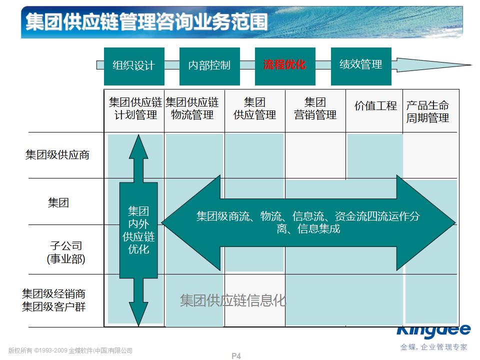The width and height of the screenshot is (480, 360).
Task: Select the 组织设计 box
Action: [x=133, y=65]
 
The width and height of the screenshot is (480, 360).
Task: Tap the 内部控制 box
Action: [x=209, y=65]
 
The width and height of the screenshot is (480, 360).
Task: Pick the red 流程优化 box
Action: [x=284, y=65]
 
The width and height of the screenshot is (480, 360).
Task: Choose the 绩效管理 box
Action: [x=360, y=64]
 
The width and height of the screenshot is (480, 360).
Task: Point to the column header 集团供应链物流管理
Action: [x=192, y=109]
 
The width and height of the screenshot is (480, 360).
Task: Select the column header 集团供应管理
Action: [x=254, y=109]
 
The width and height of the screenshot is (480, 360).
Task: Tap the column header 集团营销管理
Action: [x=315, y=109]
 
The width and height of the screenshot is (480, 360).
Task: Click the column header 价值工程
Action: [x=375, y=106]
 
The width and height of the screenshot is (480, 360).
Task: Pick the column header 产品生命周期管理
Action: [x=427, y=112]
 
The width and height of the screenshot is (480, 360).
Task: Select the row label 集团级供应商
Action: [x=57, y=154]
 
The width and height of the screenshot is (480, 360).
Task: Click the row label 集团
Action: [x=58, y=202]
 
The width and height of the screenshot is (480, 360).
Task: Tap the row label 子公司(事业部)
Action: [x=66, y=252]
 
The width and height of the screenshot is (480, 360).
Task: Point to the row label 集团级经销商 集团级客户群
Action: [x=54, y=300]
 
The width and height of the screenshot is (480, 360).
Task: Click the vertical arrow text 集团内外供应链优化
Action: [x=138, y=229]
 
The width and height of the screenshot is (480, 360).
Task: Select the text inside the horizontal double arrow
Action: [x=308, y=222]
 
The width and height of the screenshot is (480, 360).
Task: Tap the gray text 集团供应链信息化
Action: [x=233, y=300]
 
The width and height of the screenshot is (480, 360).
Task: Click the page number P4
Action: [x=236, y=356]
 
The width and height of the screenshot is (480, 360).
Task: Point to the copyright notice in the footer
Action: [x=70, y=350]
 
